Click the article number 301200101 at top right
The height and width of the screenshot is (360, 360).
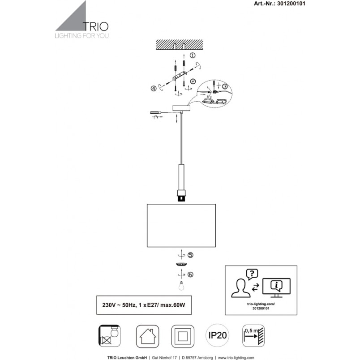pyautogui.click(x=291, y=4)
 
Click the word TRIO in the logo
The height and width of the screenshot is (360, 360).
pyautogui.click(x=95, y=26)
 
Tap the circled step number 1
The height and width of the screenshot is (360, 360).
pyautogui.click(x=193, y=56)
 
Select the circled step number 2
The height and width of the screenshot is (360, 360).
pyautogui.click(x=193, y=81)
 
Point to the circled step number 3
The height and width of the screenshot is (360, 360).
pyautogui.click(x=225, y=86)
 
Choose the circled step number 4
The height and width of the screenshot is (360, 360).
pyautogui.click(x=154, y=88)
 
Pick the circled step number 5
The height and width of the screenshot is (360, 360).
pyautogui.click(x=190, y=255)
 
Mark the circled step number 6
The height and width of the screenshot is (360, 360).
pyautogui.click(x=190, y=274)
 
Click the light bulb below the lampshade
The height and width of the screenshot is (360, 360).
pyautogui.click(x=181, y=286)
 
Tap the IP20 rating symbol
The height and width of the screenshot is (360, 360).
pyautogui.click(x=217, y=335)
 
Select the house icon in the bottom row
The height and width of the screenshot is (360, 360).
pyautogui.click(x=147, y=336)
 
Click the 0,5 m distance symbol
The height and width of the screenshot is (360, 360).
pyautogui.click(x=253, y=336)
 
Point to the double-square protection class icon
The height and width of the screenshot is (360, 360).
pyautogui.click(x=183, y=336)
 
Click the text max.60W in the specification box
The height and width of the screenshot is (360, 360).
pyautogui.click(x=173, y=305)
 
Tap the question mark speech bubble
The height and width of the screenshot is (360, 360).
pyautogui.click(x=252, y=274)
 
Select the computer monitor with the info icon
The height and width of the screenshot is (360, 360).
pyautogui.click(x=276, y=287)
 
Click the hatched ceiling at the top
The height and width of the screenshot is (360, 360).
pyautogui.click(x=180, y=44)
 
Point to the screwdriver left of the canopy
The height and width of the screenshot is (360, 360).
pyautogui.click(x=156, y=112)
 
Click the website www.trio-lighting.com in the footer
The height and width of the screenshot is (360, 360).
pyautogui.click(x=236, y=357)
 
